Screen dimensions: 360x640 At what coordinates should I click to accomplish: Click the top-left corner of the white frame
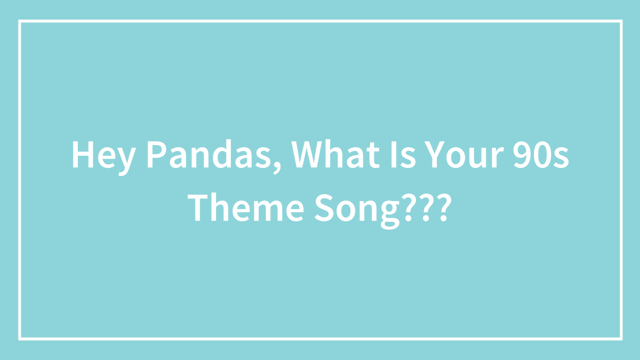pos(20,21)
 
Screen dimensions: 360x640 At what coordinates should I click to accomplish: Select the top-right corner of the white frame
pos(621,21)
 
